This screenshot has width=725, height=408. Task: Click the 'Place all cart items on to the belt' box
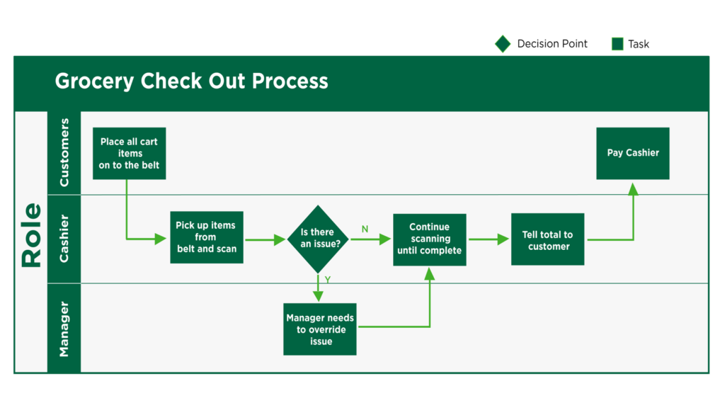coord(129,154)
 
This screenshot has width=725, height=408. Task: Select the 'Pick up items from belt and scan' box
coord(207,237)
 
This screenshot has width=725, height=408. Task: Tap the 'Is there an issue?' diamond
coord(318,239)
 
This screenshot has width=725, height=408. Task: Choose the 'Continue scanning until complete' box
coord(429,239)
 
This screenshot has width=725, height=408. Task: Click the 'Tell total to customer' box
coord(547,239)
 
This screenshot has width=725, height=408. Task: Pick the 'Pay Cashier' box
coord(632,153)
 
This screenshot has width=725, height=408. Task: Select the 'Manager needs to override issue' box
coord(320,329)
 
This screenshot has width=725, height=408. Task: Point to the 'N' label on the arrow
coord(365,229)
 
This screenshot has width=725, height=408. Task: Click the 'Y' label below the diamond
coord(328,280)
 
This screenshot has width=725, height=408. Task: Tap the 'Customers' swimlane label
coord(64,153)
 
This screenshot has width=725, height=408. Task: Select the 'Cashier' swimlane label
coord(64,239)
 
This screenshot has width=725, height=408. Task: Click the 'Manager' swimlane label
coord(64,329)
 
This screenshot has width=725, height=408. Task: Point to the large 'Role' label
coord(31,234)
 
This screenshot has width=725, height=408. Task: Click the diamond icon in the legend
coord(503,44)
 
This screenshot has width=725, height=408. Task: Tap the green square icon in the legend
coord(617,44)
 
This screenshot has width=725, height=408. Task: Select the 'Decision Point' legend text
coord(552,44)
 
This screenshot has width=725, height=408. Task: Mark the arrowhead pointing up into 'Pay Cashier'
coord(633,188)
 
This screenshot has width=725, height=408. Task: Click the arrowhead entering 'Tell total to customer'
coord(503,239)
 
